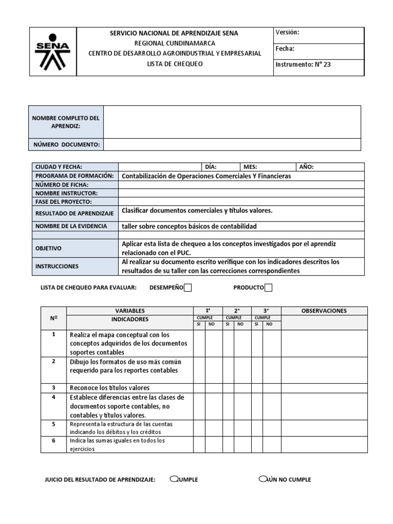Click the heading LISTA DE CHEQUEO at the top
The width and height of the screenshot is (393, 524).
point(174,64)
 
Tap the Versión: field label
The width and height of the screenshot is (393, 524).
point(287,32)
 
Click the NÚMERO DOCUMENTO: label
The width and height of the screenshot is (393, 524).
point(66,145)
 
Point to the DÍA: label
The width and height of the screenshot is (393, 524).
point(210,167)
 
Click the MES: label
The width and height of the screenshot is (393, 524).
point(250,167)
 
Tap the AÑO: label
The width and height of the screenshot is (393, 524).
point(306,167)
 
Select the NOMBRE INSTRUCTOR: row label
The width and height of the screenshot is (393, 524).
point(66,193)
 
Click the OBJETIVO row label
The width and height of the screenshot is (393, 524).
point(49,248)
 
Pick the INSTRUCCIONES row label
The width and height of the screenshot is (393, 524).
point(57,266)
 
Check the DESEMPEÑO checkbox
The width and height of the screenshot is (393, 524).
point(188,288)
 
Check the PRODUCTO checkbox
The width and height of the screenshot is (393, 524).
point(268,288)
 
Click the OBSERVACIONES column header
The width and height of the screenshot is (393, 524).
point(324,311)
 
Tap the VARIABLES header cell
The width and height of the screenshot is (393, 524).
point(130,311)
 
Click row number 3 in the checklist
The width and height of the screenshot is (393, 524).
point(53,387)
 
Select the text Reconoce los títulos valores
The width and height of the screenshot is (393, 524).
point(110,388)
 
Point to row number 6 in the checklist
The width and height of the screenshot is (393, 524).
point(53,441)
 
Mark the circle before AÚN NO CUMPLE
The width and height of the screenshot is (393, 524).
point(263,479)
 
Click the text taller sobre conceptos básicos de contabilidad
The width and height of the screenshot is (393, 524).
point(189,226)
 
